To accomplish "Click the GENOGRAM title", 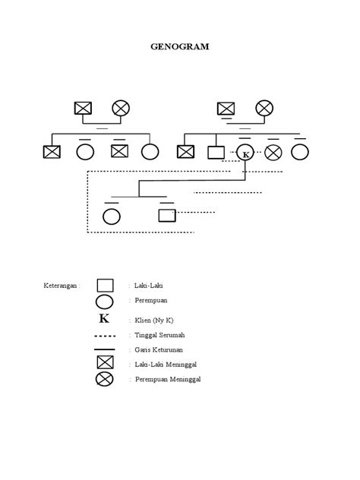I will coord(179,46).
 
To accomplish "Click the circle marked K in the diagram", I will coord(245,152).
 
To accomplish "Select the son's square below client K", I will coord(167,215).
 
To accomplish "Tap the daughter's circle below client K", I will coord(112,216).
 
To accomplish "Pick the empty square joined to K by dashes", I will coord(216,152).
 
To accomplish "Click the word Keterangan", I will coord(62,286).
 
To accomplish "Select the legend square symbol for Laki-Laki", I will coord(105,286).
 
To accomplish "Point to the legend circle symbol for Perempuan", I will coord(105,302).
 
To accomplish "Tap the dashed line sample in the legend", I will coord(105,335).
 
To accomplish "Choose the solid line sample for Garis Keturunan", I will coord(105,349).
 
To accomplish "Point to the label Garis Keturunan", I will coord(160,349).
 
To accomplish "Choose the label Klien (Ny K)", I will coord(154,320).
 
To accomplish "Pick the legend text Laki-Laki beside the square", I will coord(149,286).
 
